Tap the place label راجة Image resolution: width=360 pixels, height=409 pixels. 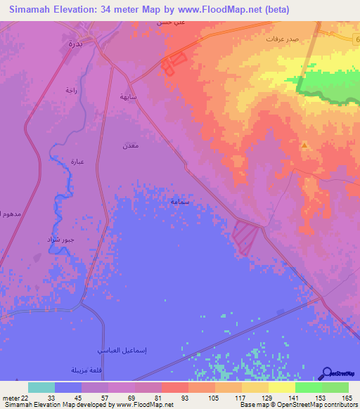click(70, 89)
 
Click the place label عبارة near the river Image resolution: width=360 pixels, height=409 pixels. click(77, 161)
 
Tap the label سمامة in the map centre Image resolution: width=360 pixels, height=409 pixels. click(179, 201)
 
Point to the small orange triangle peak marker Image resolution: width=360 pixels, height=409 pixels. click(304, 145)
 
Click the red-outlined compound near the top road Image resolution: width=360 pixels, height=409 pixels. click(172, 64)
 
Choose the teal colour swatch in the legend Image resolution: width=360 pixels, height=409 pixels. click(41, 387)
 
